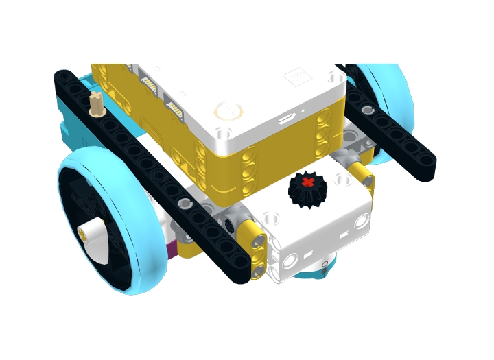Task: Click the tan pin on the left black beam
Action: (97, 104)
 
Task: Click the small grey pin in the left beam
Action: (184, 203)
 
